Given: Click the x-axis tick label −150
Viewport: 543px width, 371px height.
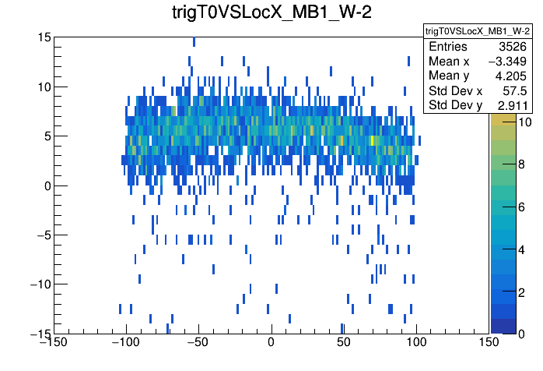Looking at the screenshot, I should (53, 343).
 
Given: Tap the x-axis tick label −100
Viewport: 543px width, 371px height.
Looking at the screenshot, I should (126, 343).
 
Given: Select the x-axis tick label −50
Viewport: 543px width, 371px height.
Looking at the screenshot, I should (198, 343).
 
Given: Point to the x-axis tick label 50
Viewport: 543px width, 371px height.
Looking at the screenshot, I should (344, 343).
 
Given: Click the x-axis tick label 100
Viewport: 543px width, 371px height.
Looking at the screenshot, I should (416, 343).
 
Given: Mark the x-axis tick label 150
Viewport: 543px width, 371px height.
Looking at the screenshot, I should (489, 343).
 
